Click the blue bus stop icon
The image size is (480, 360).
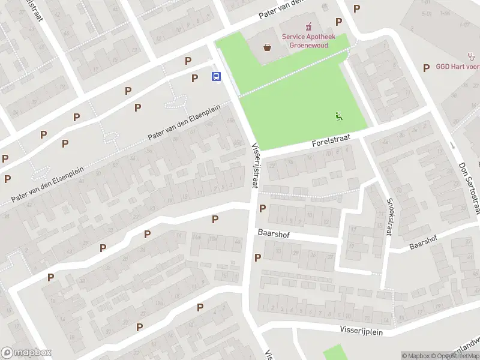coord(215,76)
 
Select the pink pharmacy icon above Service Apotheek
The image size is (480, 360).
coord(309,26)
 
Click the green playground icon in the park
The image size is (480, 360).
coord(339,116)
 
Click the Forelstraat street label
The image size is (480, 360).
coord(330,142)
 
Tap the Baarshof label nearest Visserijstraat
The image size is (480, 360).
coord(274,234)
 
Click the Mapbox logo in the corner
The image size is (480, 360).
coord(26,353)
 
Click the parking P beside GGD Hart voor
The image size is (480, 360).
coord(426,68)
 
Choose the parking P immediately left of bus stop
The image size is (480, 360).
coord(194,78)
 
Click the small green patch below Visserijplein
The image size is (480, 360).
coord(336,352)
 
